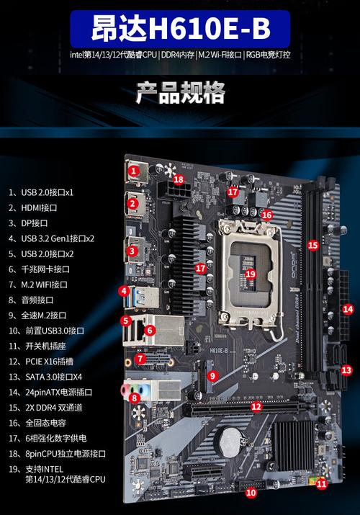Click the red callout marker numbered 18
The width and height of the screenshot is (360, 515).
(179, 179)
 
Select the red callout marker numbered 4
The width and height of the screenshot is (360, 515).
(125, 292)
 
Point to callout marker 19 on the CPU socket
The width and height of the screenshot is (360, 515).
(250, 274)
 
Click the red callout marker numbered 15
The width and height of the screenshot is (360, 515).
(312, 246)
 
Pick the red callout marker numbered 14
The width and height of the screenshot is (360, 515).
(348, 309)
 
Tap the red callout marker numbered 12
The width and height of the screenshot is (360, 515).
(256, 406)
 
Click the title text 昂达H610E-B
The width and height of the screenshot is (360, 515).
(180, 30)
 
